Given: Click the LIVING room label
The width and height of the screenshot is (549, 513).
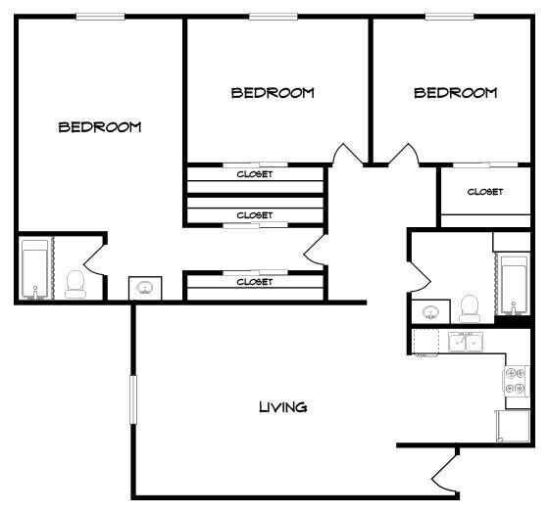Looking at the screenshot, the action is click(283, 407).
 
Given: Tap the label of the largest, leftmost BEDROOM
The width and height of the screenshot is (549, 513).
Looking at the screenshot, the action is click(100, 127).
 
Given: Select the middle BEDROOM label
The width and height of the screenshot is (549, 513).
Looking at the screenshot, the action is click(273, 93).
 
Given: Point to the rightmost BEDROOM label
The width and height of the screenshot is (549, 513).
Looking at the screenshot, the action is click(456, 93).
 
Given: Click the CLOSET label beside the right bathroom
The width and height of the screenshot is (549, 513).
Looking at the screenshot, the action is click(485, 192).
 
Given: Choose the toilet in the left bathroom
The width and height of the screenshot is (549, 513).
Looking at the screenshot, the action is click(75, 284).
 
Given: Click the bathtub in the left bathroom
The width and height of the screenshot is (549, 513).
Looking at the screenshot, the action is click(34, 269).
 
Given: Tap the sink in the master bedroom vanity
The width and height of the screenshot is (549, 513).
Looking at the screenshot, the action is click(145, 288).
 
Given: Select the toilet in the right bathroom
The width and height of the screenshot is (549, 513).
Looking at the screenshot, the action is click(470, 308).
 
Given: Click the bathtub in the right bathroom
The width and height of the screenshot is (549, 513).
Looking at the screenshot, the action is click(514, 285).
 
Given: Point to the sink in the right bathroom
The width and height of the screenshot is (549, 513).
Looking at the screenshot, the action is click(430, 311).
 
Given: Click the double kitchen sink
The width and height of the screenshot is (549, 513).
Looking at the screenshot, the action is click(466, 342).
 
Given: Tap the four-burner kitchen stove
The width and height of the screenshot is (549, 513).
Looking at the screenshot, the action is click(516, 381).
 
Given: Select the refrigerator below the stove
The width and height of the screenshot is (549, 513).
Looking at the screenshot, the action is click(513, 426).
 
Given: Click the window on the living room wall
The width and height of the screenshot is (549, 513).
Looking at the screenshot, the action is click(133, 399).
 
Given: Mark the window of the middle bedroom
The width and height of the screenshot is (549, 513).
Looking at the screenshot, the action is click(274, 17).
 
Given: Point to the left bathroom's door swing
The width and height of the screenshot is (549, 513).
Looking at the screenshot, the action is click(94, 259).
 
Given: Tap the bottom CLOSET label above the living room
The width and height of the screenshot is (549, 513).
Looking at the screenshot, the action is click(255, 282).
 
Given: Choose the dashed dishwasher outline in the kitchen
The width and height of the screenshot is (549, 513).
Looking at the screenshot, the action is click(425, 342).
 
